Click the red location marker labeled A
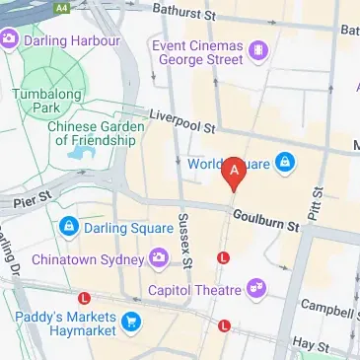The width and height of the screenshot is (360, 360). tap(235, 174)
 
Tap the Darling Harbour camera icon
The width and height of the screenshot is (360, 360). tap(10, 40)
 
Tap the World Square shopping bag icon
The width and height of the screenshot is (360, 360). tap(284, 160)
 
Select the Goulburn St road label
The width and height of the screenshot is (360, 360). tap(265, 220)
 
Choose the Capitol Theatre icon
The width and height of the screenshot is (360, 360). tap(257, 289)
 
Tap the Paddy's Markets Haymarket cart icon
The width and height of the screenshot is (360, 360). tap(129, 323)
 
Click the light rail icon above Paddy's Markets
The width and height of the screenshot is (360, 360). tap(85, 297)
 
